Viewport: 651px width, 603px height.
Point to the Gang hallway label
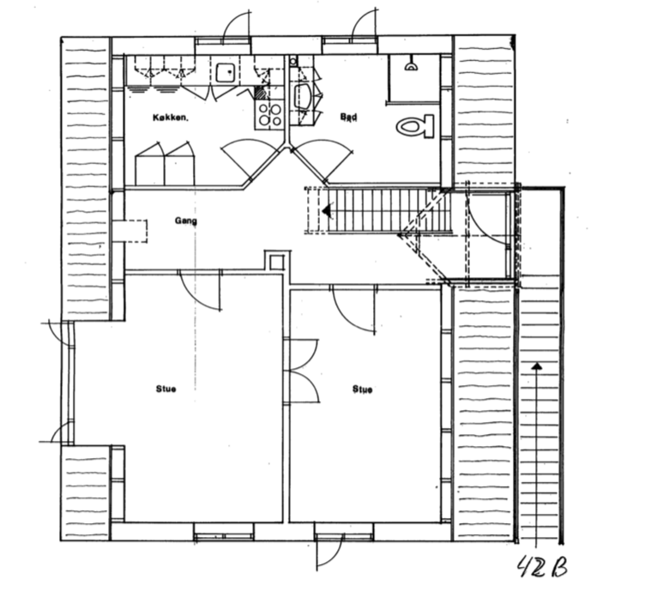[x=186, y=220]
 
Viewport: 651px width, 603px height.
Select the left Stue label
[x=166, y=389]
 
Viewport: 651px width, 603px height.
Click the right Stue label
[x=362, y=389]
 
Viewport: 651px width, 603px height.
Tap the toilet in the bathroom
[x=417, y=127]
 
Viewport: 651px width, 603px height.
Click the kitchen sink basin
[x=226, y=73]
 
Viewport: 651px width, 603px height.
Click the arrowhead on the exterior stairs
[x=537, y=367]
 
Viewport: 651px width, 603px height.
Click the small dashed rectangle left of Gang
[x=134, y=232]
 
